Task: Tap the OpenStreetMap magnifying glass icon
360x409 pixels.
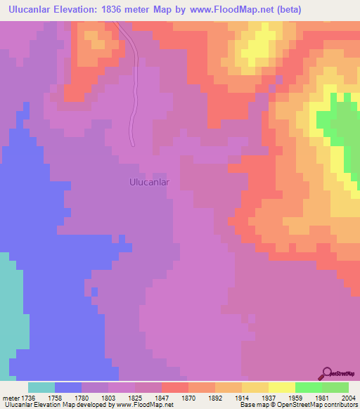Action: pos(326,373)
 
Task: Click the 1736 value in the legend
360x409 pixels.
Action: pos(28,397)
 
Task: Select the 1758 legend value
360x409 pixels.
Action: pos(55,397)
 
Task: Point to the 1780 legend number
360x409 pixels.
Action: pos(82,397)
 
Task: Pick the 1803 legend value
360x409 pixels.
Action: pos(108,397)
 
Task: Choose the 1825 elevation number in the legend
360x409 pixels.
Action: pos(135,397)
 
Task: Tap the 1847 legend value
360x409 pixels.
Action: pos(162,397)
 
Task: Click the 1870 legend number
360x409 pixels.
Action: pos(188,397)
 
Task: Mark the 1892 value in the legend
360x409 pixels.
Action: pos(215,397)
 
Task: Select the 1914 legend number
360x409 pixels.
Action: pos(242,397)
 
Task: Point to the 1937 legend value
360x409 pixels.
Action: pos(269,397)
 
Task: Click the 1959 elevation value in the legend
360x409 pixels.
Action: pos(295,397)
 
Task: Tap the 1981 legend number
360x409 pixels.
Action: pos(322,397)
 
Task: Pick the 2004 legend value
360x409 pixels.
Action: pos(347,397)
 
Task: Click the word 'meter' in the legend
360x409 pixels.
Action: pos(11,397)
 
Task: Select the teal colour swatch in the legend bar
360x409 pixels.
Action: pos(41,387)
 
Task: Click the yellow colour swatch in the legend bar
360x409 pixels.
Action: pos(282,387)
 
